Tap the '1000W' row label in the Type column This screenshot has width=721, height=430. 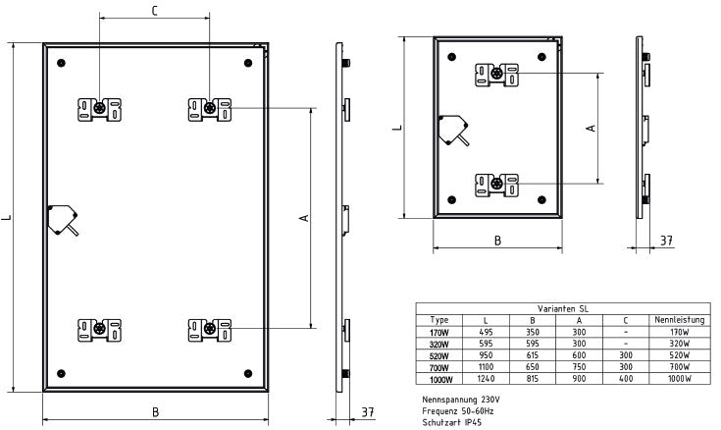438,378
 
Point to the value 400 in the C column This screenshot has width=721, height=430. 624,378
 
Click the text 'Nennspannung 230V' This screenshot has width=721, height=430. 460,401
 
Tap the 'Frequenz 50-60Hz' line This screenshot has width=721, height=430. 457,411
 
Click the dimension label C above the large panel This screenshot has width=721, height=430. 154,11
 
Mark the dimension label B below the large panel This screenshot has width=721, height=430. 155,413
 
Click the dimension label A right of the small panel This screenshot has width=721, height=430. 590,128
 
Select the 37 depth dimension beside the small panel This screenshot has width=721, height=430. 666,240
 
